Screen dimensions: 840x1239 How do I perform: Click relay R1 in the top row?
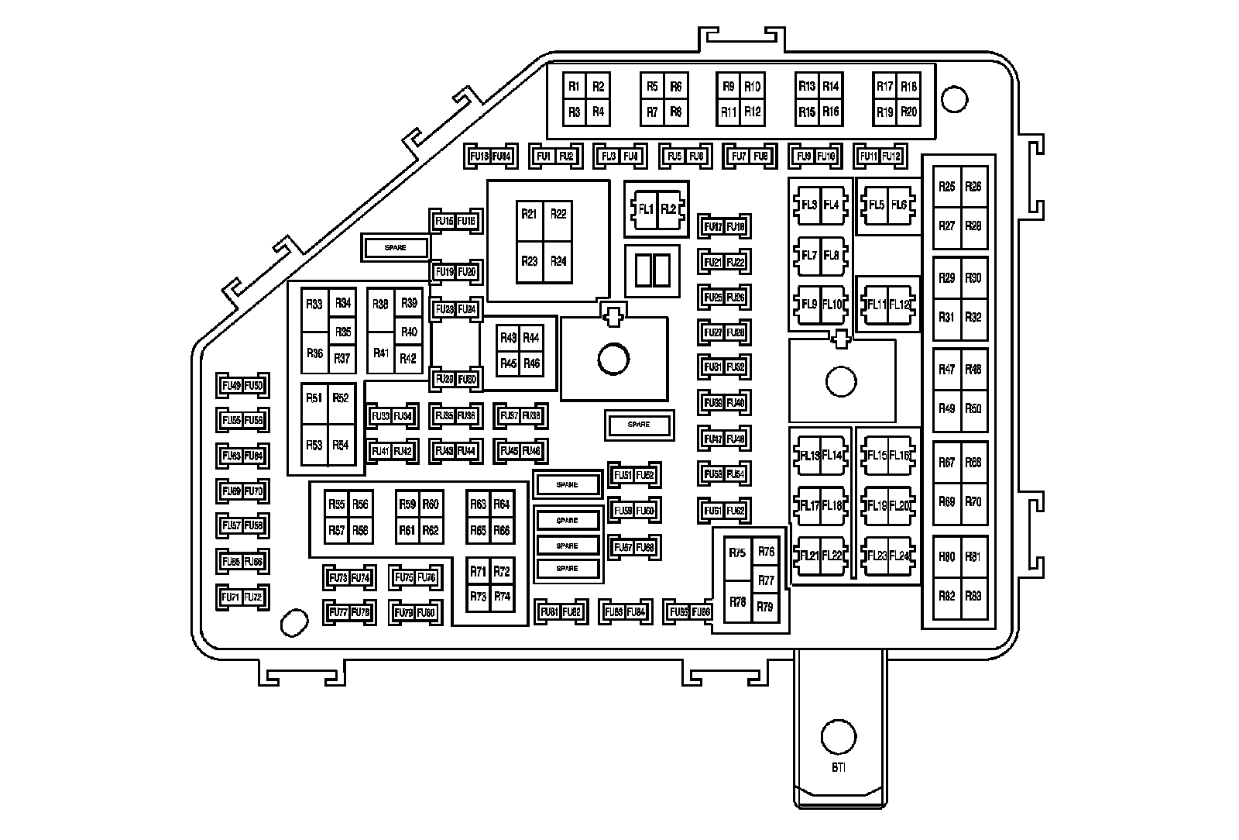(574, 87)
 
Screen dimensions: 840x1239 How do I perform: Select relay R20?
(908, 112)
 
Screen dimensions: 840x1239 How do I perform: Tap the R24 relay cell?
(558, 261)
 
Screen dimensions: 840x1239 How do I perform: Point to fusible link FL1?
(645, 209)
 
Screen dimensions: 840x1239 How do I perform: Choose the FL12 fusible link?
(900, 305)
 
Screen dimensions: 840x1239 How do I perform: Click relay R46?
(531, 363)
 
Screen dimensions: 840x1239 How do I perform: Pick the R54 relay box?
(341, 445)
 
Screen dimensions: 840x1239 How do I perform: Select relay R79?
(765, 607)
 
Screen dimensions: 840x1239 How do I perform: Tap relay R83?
(973, 596)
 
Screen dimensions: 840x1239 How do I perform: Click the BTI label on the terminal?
(839, 768)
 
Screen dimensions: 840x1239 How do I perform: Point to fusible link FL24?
(899, 556)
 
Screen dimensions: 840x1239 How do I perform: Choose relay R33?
(314, 305)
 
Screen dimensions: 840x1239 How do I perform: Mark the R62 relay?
(431, 531)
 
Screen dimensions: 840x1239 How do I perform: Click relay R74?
(502, 597)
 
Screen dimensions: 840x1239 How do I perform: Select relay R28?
(973, 226)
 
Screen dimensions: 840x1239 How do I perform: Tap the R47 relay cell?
(946, 370)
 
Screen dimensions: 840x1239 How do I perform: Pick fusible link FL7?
(809, 256)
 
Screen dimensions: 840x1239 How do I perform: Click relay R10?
(752, 87)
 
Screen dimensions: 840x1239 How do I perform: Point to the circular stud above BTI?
(839, 736)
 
